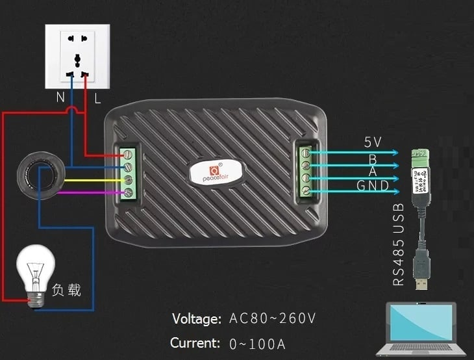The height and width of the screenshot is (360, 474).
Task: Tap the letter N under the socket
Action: (59, 98)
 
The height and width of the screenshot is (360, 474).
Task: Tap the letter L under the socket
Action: (97, 98)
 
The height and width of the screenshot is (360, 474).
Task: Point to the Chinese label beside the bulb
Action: (66, 290)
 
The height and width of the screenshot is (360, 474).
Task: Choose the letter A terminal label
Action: (373, 171)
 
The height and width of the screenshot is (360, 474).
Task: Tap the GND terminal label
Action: (373, 186)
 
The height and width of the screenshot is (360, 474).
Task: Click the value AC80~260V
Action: (272, 318)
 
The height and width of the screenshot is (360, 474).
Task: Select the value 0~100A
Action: (257, 343)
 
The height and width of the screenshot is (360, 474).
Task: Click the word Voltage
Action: (197, 319)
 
